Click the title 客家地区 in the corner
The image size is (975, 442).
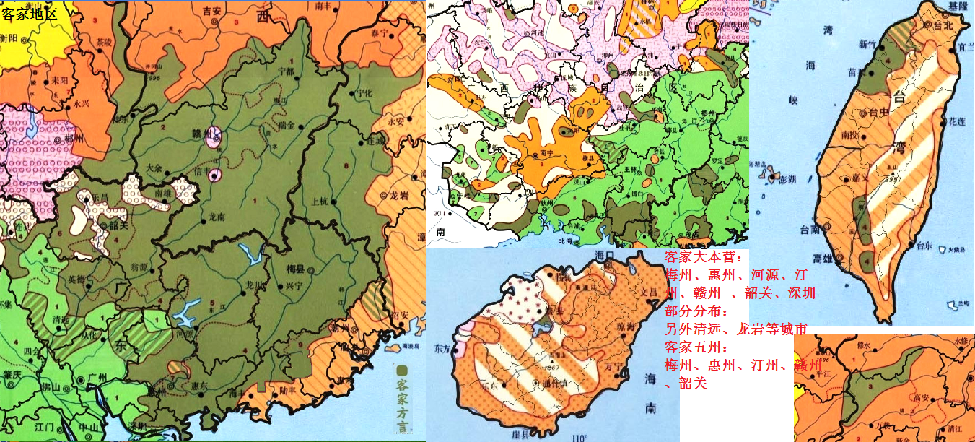point(29,12)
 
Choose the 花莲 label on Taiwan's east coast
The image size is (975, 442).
point(956,122)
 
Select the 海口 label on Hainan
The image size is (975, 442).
point(604,256)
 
